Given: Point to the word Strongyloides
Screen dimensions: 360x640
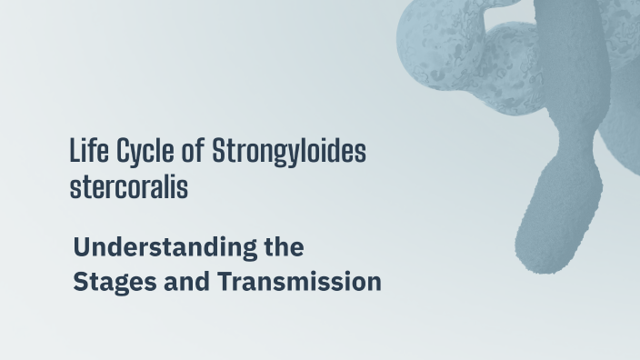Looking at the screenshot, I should pos(288,152).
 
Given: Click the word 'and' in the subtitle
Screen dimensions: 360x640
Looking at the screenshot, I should pos(185,282).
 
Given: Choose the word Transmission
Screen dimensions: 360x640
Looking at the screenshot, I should pos(299,282).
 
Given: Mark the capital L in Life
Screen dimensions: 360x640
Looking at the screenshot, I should pos(75,151).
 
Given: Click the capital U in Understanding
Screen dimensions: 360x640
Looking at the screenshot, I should pos(81,246).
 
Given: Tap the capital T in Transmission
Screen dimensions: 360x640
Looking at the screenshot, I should pos(224,282).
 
